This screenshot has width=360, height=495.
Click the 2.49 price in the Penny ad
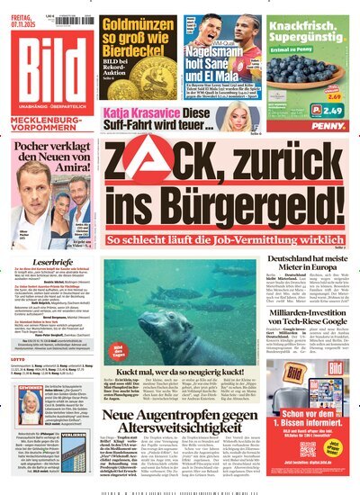[x=333, y=111]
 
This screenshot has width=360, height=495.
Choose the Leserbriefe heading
[x=47, y=267]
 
